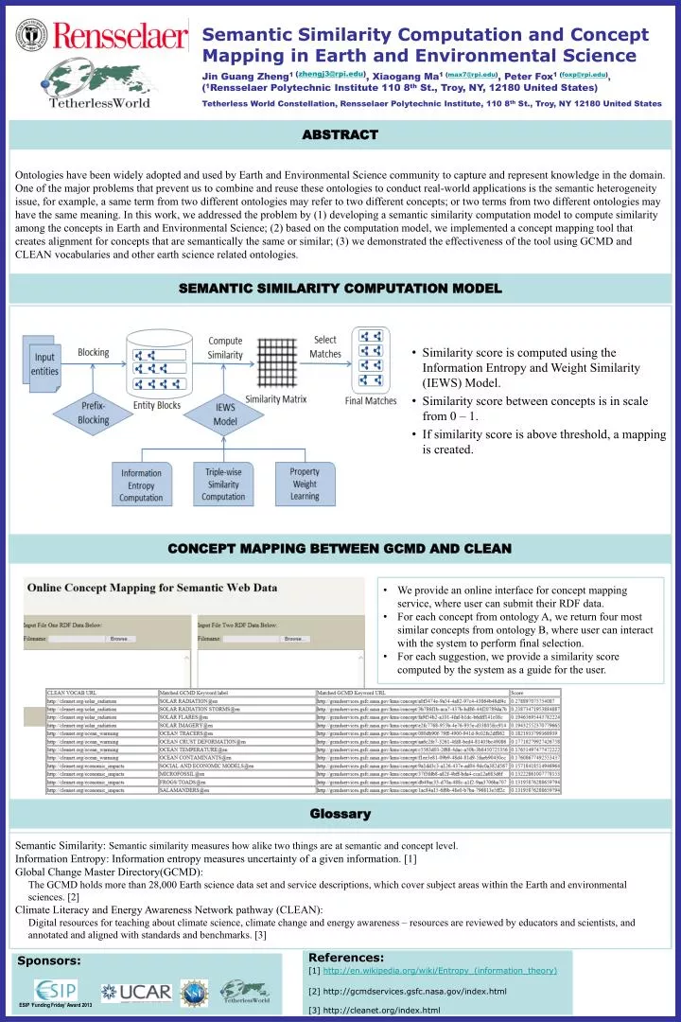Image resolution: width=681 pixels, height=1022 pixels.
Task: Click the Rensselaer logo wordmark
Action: pos(121,38)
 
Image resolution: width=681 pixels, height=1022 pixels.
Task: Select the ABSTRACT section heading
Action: pos(340,135)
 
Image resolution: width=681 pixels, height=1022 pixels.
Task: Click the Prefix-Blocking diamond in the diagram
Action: pos(92,413)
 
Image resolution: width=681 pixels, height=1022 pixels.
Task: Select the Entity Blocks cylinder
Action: pos(156,363)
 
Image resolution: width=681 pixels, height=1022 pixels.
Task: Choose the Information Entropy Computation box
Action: pos(141,485)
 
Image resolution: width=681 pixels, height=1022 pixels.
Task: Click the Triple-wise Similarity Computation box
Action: pos(223,484)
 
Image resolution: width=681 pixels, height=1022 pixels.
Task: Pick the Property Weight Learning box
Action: pos(305,484)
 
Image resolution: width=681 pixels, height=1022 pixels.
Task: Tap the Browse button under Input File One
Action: pos(120,639)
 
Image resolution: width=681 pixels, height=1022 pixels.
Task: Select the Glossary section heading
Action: pos(340,814)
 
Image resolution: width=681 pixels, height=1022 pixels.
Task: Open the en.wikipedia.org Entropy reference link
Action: pos(439,970)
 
